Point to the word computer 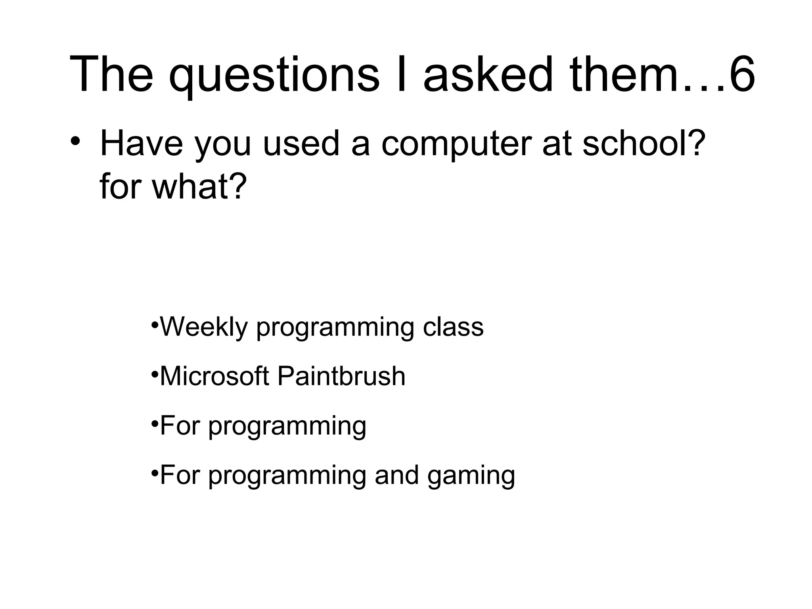click(x=456, y=144)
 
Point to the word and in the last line click(x=396, y=475)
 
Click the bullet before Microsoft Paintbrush click(x=155, y=373)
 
